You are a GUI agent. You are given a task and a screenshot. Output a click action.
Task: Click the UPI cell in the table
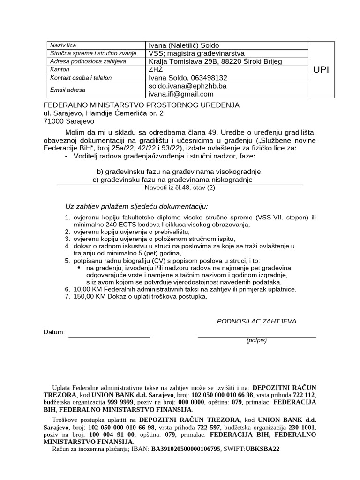click(321, 69)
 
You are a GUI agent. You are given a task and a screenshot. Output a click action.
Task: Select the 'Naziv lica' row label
click(64, 45)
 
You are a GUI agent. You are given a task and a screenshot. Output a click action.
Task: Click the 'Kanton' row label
click(60, 69)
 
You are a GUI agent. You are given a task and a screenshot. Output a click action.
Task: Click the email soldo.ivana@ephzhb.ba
click(187, 86)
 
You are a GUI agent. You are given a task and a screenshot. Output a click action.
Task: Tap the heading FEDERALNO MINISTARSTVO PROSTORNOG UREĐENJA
click(141, 105)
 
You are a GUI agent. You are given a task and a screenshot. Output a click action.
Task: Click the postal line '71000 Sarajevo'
click(69, 121)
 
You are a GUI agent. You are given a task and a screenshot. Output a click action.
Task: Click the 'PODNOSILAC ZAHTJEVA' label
click(256, 321)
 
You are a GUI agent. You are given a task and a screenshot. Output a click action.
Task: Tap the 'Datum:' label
click(54, 332)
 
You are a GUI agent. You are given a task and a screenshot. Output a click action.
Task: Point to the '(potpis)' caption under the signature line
click(256, 340)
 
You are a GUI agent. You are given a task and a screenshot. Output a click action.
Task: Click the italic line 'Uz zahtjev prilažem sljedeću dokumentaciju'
click(136, 206)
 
